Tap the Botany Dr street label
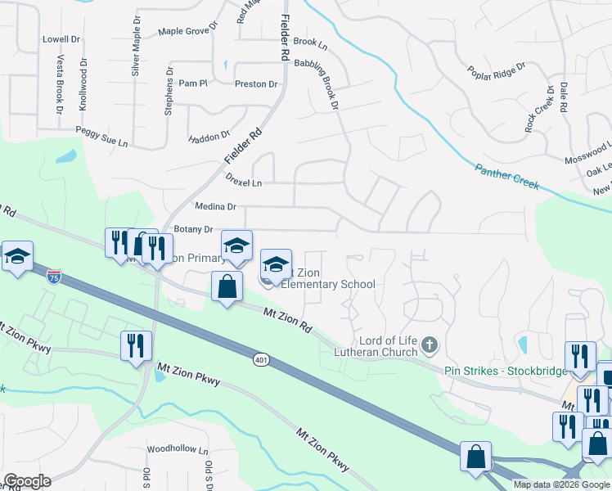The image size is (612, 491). [193, 230]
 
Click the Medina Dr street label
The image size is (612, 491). [215, 207]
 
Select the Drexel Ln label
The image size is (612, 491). [245, 183]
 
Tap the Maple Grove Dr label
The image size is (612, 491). [188, 31]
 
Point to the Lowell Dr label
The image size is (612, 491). [61, 38]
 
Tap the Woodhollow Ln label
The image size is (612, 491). [178, 449]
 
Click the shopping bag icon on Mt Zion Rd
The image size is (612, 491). [227, 287]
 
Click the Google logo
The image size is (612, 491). [27, 481]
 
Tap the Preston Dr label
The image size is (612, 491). [256, 83]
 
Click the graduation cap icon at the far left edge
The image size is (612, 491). [16, 256]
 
